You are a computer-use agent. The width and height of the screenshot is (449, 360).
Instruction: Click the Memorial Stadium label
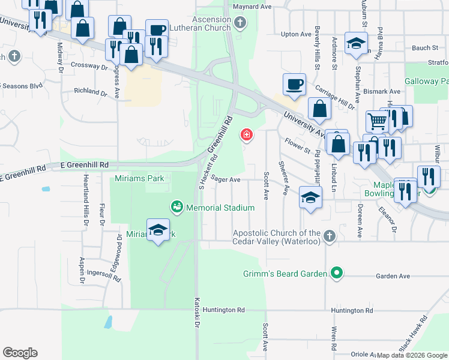click(220, 208)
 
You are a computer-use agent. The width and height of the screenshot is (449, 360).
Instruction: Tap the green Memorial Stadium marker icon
click(176, 207)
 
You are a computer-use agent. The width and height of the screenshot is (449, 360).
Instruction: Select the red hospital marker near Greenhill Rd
click(246, 134)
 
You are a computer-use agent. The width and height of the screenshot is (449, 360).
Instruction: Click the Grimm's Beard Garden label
click(285, 274)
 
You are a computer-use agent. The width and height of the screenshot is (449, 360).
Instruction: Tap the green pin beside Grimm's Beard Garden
click(337, 274)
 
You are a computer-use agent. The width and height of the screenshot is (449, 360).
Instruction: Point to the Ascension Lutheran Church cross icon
click(240, 24)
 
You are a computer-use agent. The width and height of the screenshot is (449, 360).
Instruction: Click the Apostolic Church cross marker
click(329, 236)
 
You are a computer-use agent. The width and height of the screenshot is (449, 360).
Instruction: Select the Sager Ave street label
click(226, 179)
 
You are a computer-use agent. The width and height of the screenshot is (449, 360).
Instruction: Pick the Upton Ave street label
click(297, 35)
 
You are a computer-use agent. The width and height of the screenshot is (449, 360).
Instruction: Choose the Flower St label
click(297, 144)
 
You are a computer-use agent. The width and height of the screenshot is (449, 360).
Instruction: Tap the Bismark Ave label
click(385, 92)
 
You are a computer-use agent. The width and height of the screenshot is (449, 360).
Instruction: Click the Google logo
click(20, 353)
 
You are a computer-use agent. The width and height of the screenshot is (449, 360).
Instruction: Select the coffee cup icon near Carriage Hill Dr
click(294, 85)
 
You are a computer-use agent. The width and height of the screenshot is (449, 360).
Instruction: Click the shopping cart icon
click(377, 122)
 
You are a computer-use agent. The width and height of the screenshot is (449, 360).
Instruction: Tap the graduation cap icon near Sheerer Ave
click(310, 197)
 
